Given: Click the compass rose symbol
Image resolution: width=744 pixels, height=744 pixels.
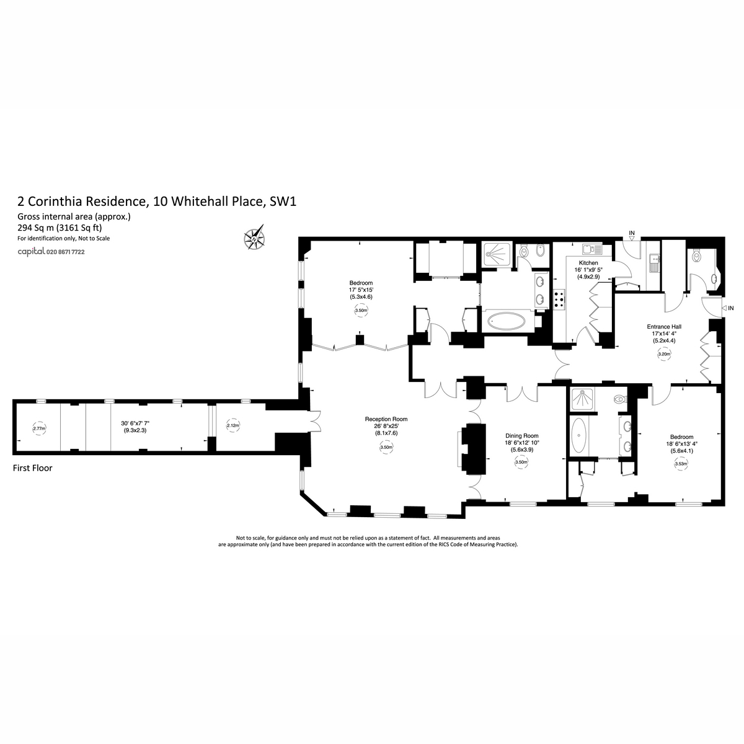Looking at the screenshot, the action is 254,237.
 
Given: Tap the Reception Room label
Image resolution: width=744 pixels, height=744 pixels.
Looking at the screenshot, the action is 386,419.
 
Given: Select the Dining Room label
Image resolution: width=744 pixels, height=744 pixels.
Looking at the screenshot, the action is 521,435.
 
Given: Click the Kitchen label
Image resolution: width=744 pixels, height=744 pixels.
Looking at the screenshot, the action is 588,262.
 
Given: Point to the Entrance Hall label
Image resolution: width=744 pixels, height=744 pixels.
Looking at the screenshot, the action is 663,327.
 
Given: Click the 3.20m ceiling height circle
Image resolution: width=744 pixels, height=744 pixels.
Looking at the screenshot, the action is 664,353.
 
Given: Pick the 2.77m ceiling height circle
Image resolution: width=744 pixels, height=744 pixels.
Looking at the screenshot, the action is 39,428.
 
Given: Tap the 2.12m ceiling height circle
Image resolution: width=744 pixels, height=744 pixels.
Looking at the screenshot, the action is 233,425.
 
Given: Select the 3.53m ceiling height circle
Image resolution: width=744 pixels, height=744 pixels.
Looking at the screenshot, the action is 681,464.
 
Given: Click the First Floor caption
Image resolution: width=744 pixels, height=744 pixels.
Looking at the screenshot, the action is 32,468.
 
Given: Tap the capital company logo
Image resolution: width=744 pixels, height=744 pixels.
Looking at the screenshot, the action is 31,251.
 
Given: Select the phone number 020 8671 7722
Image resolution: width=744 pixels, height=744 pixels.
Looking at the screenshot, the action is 65,252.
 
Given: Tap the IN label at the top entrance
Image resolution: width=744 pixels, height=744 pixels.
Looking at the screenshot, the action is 632,233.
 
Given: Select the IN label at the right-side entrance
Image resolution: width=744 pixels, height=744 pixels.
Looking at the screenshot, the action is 730,308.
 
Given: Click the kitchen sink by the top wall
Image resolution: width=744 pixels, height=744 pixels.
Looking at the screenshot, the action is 592,249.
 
